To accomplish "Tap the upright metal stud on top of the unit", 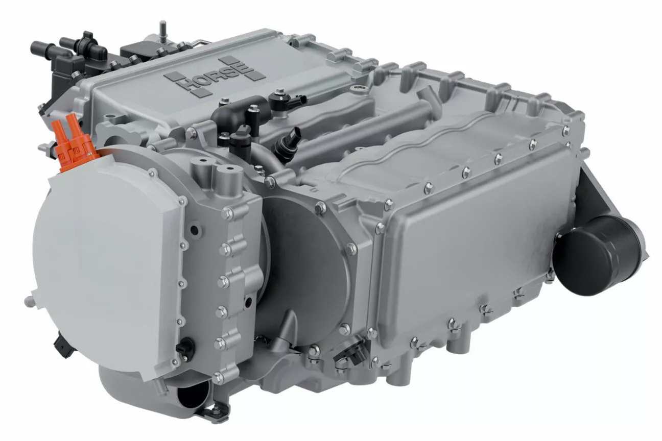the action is [x=162, y=30].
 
